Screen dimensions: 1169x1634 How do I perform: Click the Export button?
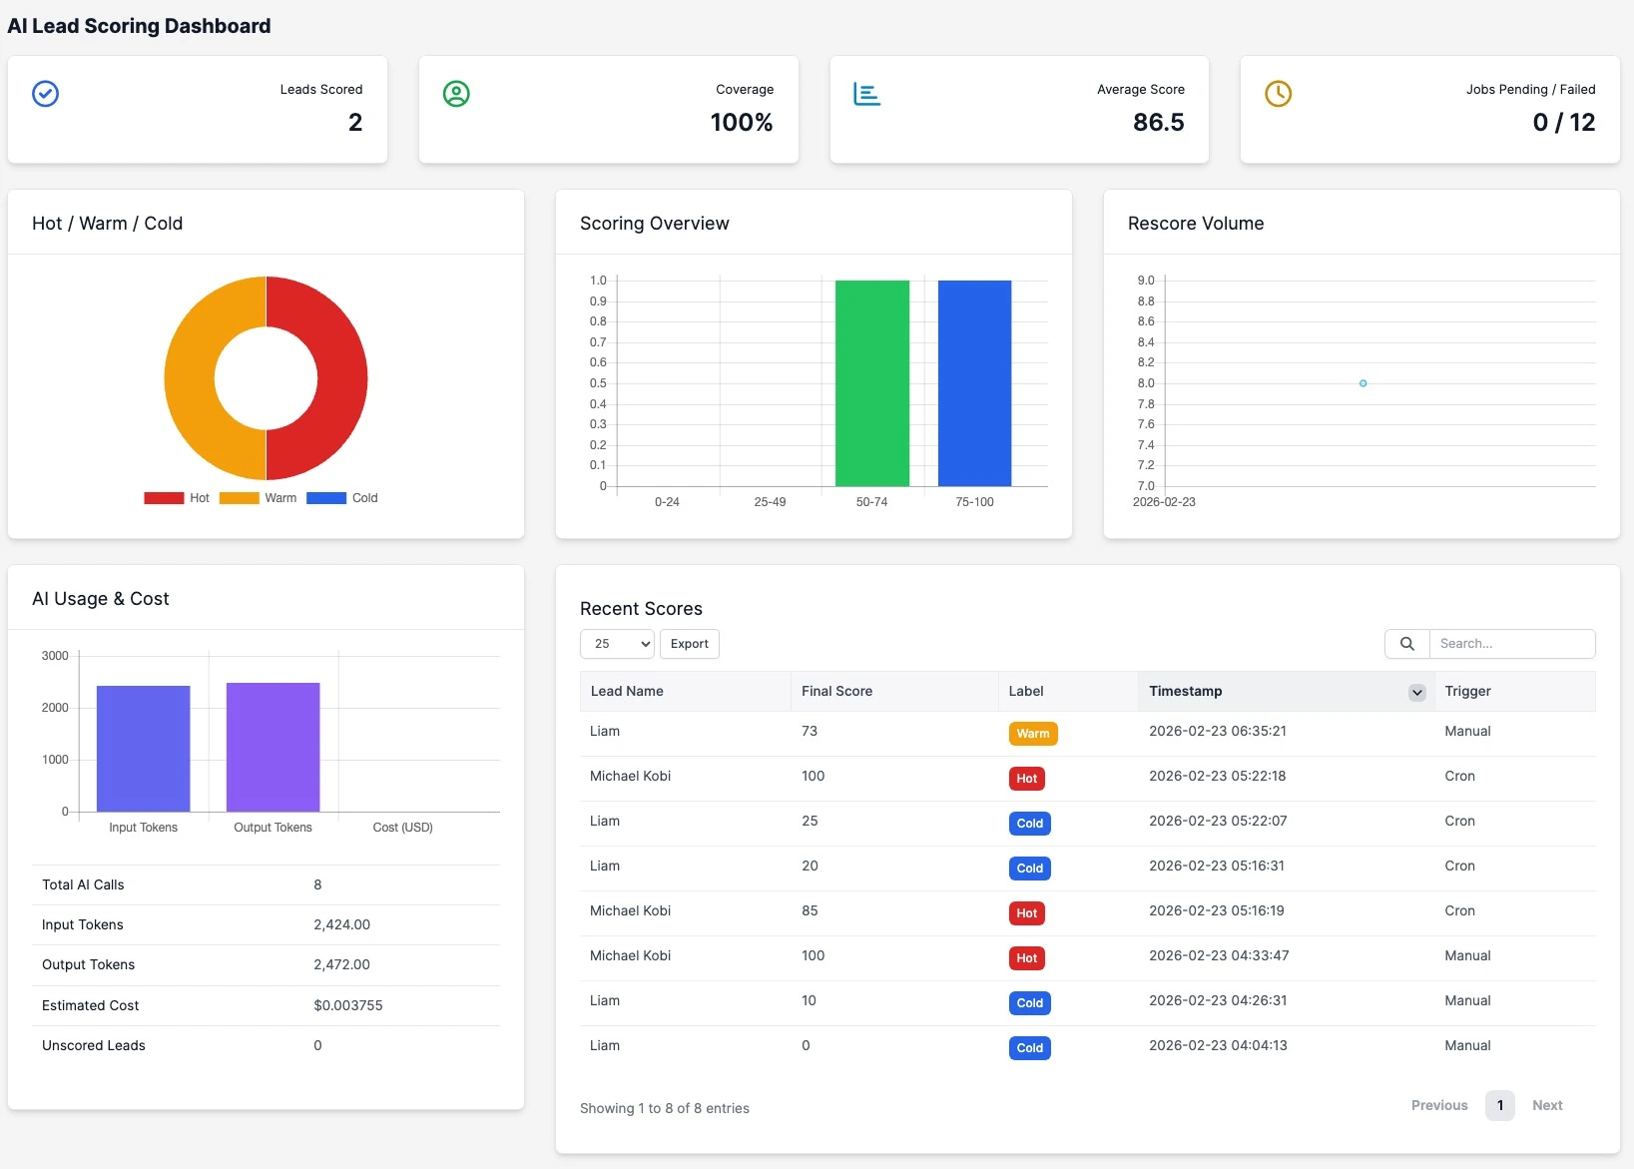pos(689,644)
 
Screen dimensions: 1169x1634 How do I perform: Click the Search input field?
pos(1511,644)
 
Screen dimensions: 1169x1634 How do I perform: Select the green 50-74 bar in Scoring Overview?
pos(871,383)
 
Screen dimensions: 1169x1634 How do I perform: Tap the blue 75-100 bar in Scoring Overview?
pos(974,383)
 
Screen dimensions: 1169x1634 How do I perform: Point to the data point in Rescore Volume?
pos(1362,383)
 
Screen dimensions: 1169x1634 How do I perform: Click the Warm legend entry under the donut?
pos(260,498)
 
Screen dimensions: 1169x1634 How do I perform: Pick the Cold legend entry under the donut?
pos(343,498)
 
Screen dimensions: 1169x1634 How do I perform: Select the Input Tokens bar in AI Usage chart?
pos(143,749)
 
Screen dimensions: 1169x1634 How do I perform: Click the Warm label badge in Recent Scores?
pos(1032,734)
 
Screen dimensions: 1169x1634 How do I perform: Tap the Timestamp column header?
pos(1185,691)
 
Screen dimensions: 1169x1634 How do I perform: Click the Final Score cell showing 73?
pos(810,732)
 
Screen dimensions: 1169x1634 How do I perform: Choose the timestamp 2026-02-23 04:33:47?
pos(1218,956)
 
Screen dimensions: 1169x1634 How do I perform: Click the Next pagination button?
pos(1546,1105)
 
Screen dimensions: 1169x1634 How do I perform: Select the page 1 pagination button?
pos(1499,1105)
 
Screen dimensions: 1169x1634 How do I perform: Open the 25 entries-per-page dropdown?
pos(617,644)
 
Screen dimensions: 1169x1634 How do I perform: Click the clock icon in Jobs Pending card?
pos(1278,94)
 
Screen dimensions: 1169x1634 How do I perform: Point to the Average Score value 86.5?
pos(1158,123)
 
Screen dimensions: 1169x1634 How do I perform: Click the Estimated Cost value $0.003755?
pos(347,1006)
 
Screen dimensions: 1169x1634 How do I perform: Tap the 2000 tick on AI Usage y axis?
pos(55,708)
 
